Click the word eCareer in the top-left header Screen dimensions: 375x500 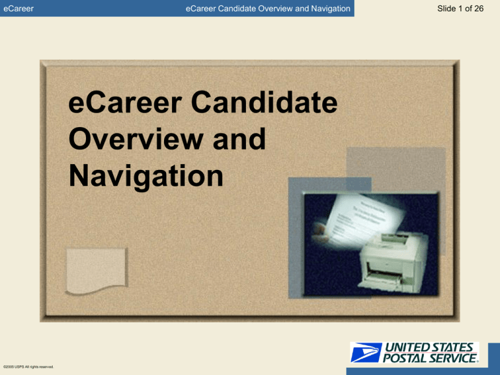click(18, 8)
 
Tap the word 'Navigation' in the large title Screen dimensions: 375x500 click(146, 176)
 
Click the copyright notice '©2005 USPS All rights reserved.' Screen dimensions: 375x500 click(27, 367)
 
